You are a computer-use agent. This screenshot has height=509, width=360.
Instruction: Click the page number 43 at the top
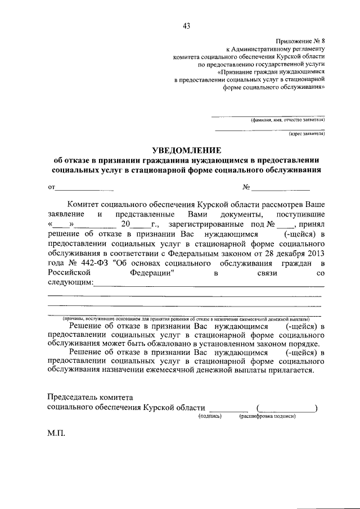pyautogui.click(x=186, y=25)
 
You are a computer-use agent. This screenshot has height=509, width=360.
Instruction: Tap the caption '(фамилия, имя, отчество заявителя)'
pyautogui.click(x=287, y=120)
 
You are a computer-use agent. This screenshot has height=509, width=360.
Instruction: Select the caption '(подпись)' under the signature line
pyautogui.click(x=210, y=417)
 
